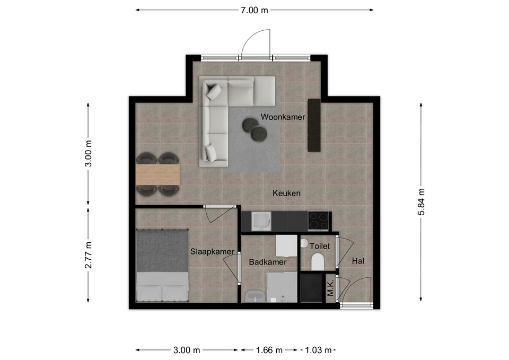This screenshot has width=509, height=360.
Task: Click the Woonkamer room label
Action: [x=283, y=117]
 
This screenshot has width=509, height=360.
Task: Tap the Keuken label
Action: [x=286, y=193]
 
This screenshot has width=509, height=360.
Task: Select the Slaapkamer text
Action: [x=212, y=252]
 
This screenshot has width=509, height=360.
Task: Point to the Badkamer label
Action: [x=267, y=262]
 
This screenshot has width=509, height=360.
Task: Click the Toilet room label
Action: [x=319, y=246]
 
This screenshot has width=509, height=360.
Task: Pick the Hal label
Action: [x=358, y=261]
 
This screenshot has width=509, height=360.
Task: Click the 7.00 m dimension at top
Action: [x=254, y=11]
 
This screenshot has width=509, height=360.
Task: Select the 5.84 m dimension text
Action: [x=421, y=202]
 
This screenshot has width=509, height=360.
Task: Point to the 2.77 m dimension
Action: [x=89, y=255]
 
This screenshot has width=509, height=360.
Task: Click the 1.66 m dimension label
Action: [x=269, y=350]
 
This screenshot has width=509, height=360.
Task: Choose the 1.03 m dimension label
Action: [x=319, y=350]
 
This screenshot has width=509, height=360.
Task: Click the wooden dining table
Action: [x=158, y=174]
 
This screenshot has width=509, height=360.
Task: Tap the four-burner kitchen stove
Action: [x=318, y=221]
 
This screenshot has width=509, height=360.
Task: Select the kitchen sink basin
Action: [x=261, y=221]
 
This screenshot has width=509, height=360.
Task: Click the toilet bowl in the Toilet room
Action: [x=318, y=262]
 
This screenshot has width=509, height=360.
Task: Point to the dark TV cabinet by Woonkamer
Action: [x=314, y=125]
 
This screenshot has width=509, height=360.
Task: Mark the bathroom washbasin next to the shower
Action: [x=255, y=296]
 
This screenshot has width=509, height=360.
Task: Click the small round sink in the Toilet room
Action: [x=304, y=242]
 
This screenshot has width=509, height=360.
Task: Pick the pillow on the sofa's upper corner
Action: [x=214, y=92]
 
